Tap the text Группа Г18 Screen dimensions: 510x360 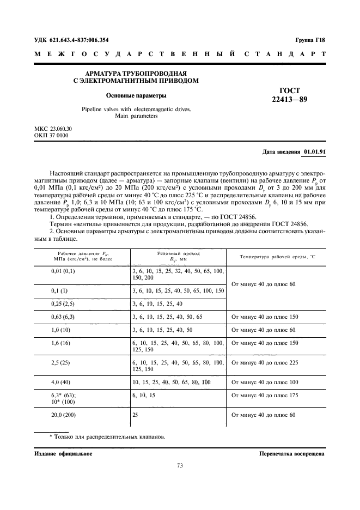310,40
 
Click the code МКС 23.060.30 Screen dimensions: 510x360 53,129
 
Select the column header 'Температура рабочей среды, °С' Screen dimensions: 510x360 278,256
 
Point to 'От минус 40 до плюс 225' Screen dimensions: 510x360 265,362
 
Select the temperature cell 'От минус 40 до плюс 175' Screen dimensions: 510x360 265,395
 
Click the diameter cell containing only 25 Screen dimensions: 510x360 136,415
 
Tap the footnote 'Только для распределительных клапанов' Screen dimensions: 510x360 107,437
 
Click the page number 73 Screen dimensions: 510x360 180,465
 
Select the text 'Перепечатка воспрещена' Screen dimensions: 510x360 292,453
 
